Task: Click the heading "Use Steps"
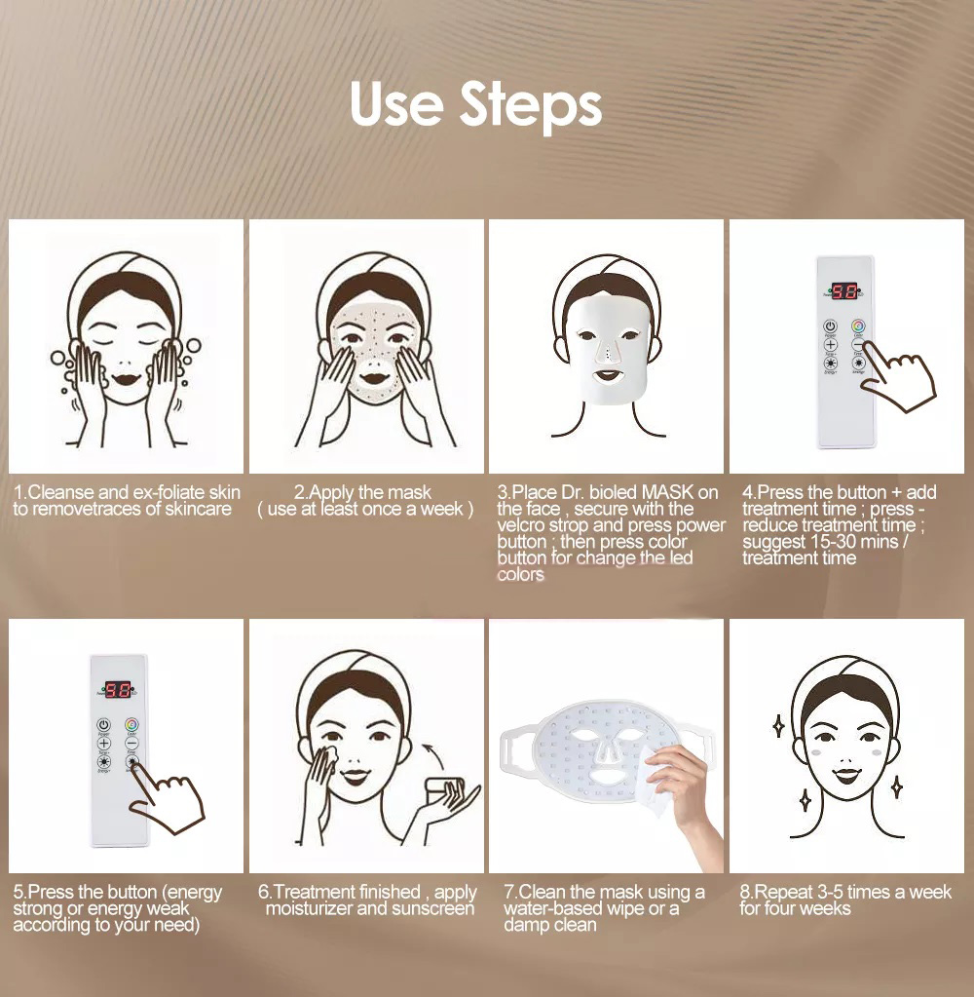coord(475,105)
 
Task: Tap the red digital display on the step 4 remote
coord(843,290)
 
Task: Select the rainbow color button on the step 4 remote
coord(857,326)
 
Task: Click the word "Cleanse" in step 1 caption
coord(61,492)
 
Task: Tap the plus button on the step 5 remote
coord(104,743)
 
